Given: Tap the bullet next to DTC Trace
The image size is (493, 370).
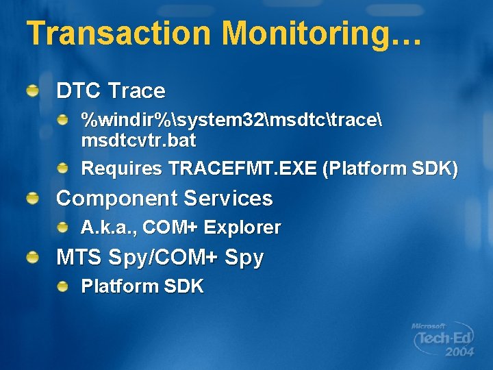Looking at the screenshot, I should pyautogui.click(x=33, y=90).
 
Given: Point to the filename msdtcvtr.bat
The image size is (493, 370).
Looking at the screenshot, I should pyautogui.click(x=138, y=141).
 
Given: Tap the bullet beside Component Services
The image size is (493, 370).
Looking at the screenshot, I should pyautogui.click(x=33, y=198).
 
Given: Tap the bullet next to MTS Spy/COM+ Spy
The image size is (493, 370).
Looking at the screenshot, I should pyautogui.click(x=33, y=257).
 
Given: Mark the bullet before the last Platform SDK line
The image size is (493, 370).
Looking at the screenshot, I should pyautogui.click(x=62, y=286).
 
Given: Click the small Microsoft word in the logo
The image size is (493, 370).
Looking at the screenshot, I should pyautogui.click(x=428, y=326).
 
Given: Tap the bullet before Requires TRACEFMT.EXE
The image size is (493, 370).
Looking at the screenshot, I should pyautogui.click(x=62, y=168).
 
